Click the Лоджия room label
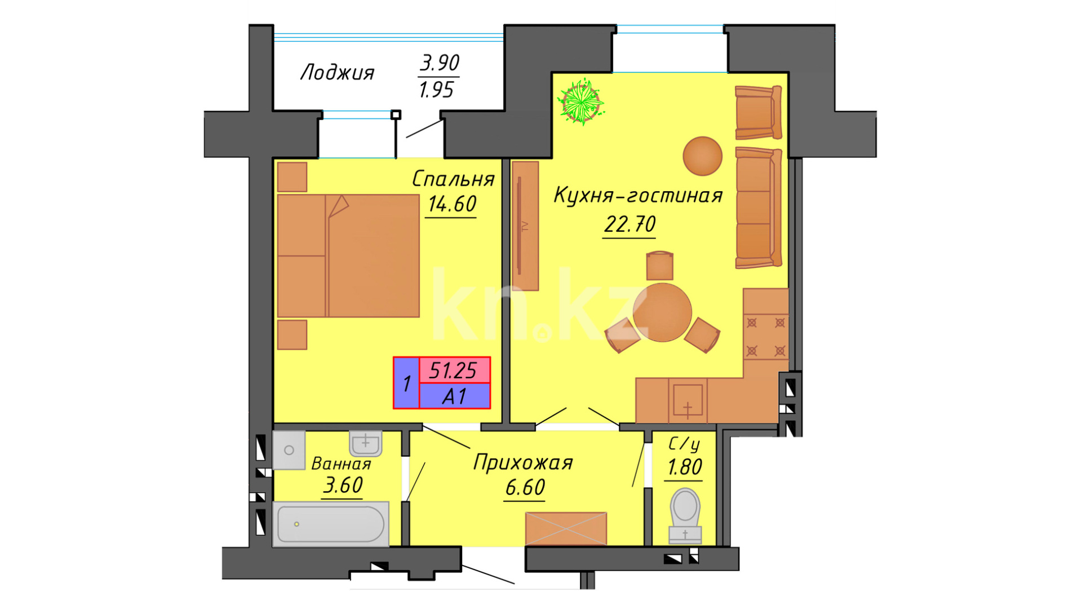point(337,73)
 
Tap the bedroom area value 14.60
point(452,204)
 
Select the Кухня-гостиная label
point(638,195)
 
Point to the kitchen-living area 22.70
point(629,224)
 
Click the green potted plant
point(580,101)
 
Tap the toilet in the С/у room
point(685,515)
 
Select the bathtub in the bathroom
point(331,524)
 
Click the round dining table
point(662,312)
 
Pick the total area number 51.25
point(453,370)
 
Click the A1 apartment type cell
point(454,396)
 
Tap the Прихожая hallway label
point(523,462)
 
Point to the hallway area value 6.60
point(525,487)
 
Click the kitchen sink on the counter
point(688,400)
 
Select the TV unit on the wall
point(525,226)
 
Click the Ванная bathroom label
point(342,464)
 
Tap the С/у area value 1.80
point(685,467)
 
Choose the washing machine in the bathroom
point(289,450)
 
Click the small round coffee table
point(703,156)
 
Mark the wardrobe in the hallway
point(566,529)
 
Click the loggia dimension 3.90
point(440,63)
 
